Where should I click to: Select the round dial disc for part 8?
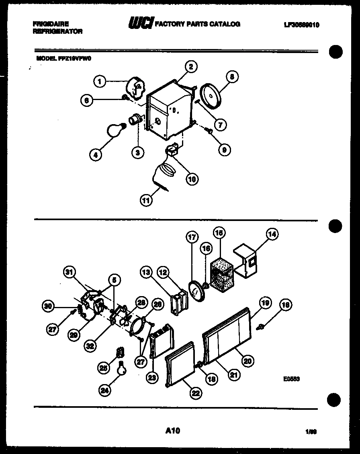click(x=211, y=95)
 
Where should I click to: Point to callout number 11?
click(x=147, y=200)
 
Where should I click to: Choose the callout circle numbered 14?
click(x=272, y=234)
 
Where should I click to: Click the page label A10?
click(x=173, y=431)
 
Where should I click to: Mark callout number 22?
click(x=195, y=393)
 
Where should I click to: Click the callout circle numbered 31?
click(x=70, y=273)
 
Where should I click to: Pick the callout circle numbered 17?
click(x=192, y=237)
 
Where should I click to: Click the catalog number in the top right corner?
click(x=301, y=25)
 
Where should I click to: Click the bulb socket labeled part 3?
click(x=135, y=119)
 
